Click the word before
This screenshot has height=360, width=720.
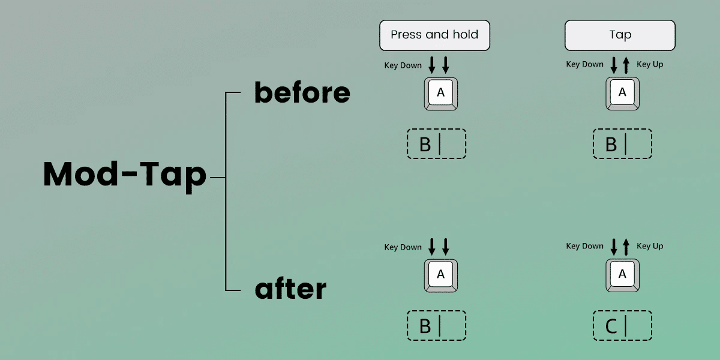[302, 92]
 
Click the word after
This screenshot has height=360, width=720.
[290, 289]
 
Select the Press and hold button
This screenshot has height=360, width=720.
[434, 35]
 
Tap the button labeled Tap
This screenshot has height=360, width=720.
[620, 35]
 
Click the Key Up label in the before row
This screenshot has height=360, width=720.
[650, 64]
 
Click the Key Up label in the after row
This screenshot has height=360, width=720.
[650, 246]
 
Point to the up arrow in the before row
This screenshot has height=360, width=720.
[626, 64]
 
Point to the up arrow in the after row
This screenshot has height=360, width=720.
[626, 246]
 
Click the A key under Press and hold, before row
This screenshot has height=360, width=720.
[441, 93]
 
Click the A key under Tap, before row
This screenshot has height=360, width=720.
[622, 93]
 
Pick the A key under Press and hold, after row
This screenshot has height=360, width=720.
[441, 275]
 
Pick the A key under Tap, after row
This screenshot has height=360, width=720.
[622, 275]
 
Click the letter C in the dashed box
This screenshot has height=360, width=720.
[611, 326]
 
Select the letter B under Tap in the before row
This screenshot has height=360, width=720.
[611, 145]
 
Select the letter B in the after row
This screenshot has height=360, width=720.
[425, 326]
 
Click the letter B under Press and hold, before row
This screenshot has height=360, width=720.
[425, 145]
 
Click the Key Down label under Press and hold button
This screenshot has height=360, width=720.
[403, 65]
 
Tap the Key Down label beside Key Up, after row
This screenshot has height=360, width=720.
[584, 246]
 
